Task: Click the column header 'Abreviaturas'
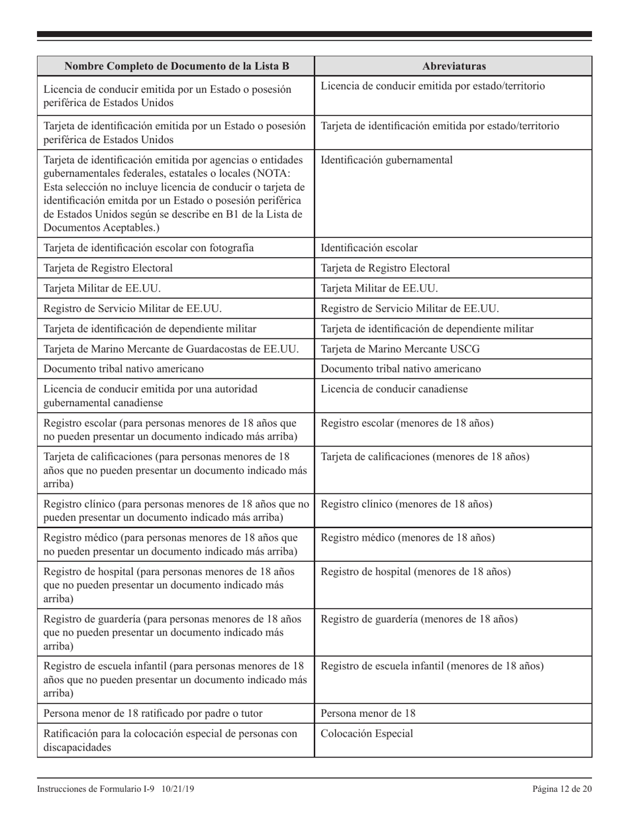453,66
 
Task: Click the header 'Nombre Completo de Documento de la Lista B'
175,66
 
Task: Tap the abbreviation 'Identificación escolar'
369,248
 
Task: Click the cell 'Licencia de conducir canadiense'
394,389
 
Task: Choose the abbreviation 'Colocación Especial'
367,733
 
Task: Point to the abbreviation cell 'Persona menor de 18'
368,714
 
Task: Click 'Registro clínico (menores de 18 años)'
407,504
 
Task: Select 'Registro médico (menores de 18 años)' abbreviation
408,537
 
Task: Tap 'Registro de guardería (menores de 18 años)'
419,620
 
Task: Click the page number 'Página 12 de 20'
561,788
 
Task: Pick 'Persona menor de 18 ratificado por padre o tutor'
153,714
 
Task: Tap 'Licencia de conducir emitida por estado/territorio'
433,87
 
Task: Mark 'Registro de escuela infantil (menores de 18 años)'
432,666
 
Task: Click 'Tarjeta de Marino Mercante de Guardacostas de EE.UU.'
171,349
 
